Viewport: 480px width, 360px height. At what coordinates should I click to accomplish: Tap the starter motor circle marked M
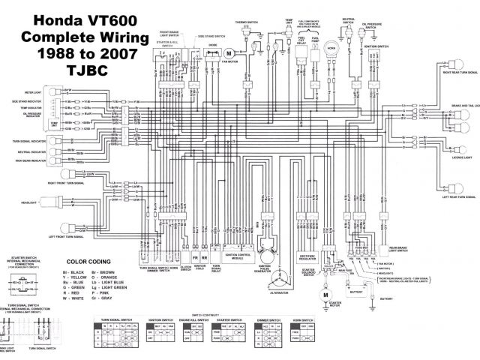click(326, 295)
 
